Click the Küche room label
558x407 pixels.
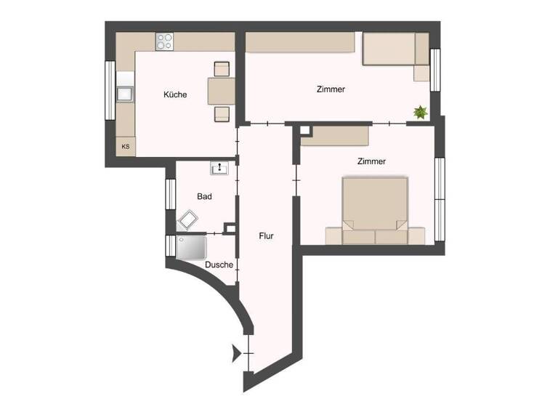pos(175,94)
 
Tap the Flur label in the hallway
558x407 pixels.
pos(266,235)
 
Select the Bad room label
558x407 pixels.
pos(204,196)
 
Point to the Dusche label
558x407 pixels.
pos(219,265)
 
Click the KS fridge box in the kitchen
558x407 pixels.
pos(126,147)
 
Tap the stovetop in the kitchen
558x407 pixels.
pos(165,41)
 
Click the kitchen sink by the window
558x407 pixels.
pos(125,93)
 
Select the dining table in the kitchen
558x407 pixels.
pos(221,91)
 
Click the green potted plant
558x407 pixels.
pos(420,112)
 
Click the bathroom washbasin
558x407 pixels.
pos(220,169)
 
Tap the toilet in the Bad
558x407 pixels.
pos(189,219)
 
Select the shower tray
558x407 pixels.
pos(192,247)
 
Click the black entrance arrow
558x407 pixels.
pos(235,353)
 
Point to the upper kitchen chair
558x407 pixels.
pos(222,69)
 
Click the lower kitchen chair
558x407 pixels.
pos(222,113)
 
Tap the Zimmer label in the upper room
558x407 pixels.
pos(331,89)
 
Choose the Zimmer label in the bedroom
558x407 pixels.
pos(371,161)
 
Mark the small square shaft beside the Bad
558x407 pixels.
pos(230,229)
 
